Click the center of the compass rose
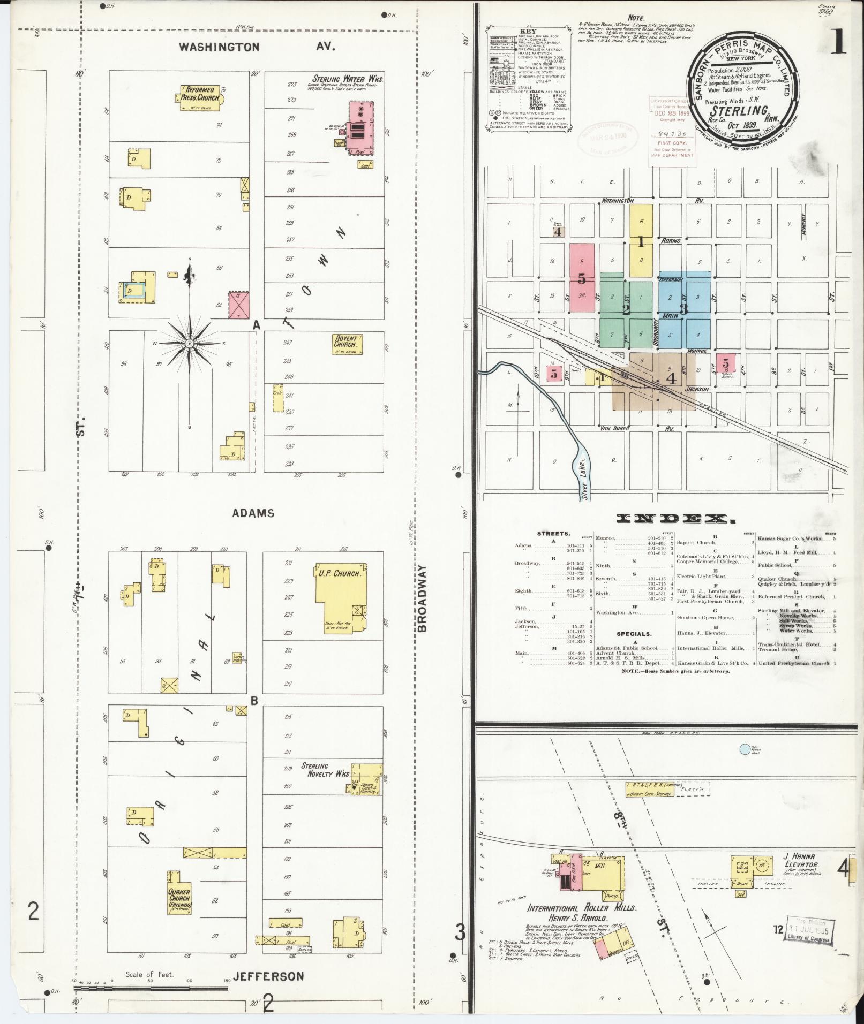coord(189,343)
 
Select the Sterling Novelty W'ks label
coord(325,770)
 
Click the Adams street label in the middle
coord(253,513)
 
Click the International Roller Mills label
coord(582,908)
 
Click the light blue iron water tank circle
coord(745,749)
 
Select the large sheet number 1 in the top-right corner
coord(839,42)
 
